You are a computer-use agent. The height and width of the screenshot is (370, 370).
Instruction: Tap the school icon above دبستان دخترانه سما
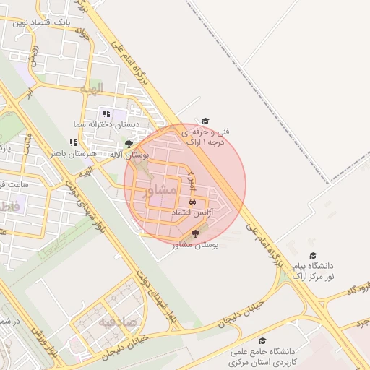[107, 113]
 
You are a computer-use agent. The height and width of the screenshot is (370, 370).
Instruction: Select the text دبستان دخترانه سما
[108, 124]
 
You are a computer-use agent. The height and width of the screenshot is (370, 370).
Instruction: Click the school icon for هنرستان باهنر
[73, 142]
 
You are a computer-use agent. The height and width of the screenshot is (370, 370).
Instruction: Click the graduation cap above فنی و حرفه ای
[205, 121]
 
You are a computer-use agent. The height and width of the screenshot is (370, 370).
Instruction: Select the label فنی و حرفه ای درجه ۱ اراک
[205, 137]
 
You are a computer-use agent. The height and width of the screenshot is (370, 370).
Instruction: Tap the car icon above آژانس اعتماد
[192, 202]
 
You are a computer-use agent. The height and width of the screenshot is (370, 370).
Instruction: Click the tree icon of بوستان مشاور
[197, 233]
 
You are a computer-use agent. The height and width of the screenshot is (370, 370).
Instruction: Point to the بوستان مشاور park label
[196, 245]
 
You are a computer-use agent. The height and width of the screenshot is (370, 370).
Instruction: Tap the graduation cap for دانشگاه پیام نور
[313, 256]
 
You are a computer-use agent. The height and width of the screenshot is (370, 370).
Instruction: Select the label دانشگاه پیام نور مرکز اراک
[313, 271]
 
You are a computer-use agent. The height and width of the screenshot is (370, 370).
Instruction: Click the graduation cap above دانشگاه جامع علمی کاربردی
[262, 340]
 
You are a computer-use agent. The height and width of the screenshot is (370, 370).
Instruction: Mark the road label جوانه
[82, 32]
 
